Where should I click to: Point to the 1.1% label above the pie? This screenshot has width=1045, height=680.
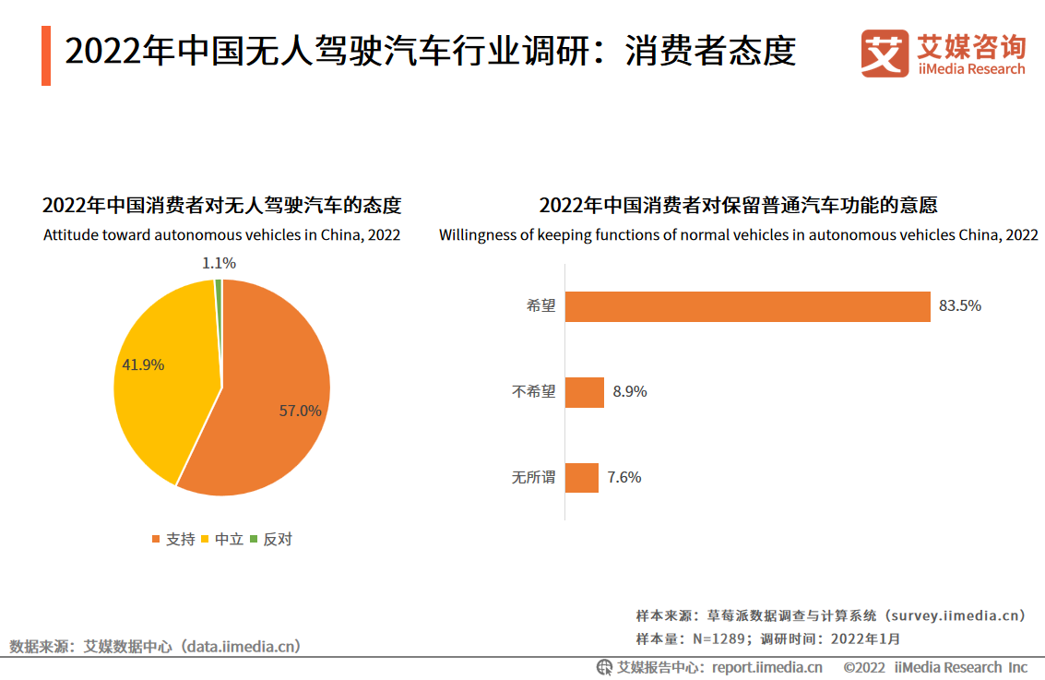click(x=220, y=263)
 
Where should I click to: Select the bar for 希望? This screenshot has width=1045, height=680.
click(x=747, y=306)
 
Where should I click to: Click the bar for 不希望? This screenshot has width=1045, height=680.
click(x=584, y=392)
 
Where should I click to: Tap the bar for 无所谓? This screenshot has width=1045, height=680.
click(x=581, y=478)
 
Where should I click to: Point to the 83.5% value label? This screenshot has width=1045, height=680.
click(x=960, y=306)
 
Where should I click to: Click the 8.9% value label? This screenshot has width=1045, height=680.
click(x=630, y=392)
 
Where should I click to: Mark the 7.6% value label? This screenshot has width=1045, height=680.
click(x=624, y=478)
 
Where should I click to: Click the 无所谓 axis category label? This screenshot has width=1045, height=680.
click(x=534, y=478)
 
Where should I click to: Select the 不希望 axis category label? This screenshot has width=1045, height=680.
click(x=534, y=392)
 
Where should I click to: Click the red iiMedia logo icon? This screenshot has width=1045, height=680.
click(x=885, y=54)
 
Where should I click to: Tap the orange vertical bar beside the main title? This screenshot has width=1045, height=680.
click(x=46, y=55)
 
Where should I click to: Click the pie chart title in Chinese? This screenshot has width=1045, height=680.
click(x=222, y=205)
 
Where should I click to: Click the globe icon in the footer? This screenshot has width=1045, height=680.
click(x=604, y=667)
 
